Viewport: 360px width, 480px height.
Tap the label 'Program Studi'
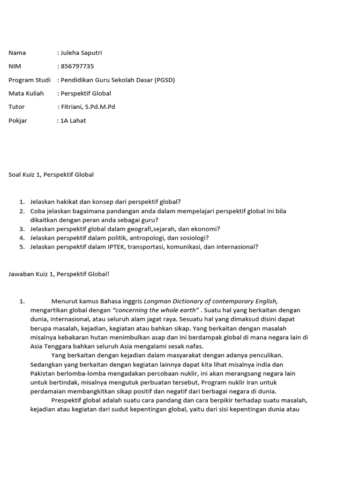click(x=30, y=80)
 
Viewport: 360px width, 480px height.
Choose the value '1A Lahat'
click(x=73, y=120)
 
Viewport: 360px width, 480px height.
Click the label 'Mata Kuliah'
click(x=26, y=93)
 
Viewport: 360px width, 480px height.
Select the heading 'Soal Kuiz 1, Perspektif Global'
click(x=51, y=174)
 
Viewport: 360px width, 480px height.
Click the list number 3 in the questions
click(x=22, y=229)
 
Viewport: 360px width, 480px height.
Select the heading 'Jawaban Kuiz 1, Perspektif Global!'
click(x=59, y=273)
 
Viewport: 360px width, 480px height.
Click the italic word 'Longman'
click(x=157, y=301)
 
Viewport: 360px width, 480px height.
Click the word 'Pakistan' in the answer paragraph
click(x=43, y=373)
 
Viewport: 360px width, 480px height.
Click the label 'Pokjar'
click(x=18, y=120)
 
